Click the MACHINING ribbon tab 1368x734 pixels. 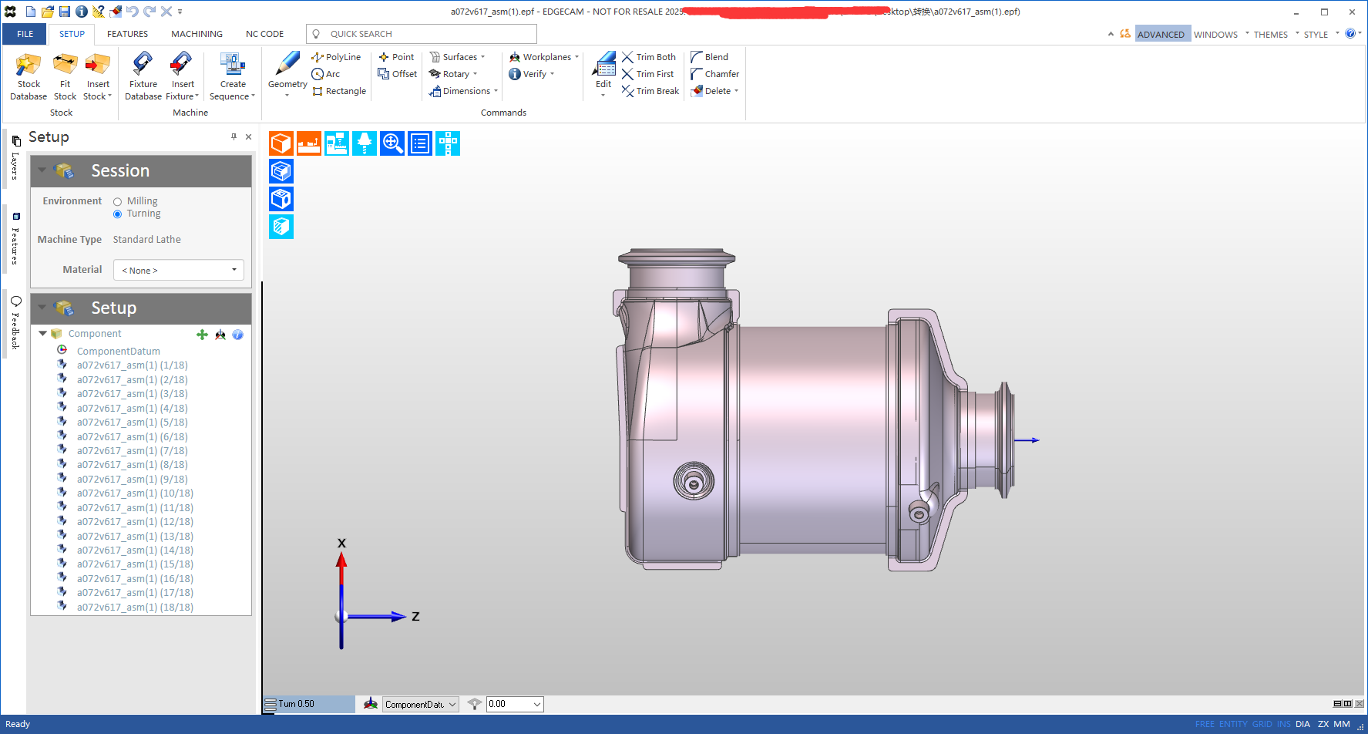197,34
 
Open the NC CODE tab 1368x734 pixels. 264,34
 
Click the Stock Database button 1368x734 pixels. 29,76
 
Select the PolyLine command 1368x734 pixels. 336,57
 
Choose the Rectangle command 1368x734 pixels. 339,91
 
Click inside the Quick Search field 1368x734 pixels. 428,34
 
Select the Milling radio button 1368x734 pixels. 118,202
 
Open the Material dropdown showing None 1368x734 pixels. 179,271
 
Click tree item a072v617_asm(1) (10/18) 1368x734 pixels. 135,493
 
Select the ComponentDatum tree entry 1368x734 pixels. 118,351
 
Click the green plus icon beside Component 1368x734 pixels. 202,335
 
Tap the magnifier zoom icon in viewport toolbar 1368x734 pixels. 392,143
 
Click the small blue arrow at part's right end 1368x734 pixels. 1027,440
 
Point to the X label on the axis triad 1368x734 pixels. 341,544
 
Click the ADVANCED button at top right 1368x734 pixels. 1161,34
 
